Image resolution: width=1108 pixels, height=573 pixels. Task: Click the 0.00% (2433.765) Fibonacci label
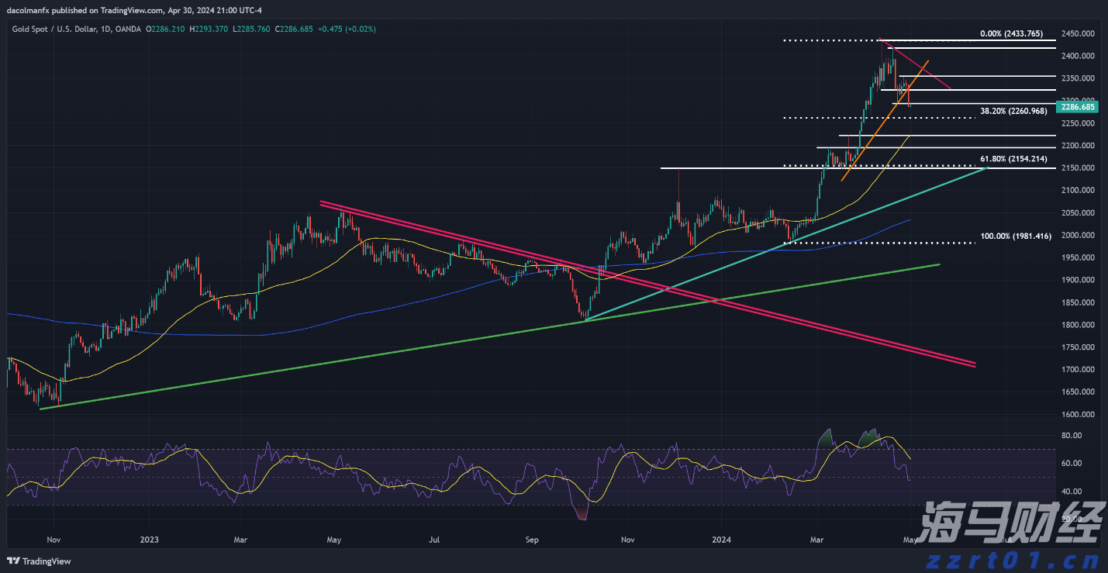1011,34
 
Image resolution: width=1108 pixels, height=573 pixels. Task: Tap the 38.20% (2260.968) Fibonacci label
1013,112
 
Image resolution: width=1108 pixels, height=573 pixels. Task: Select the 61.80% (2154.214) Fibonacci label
1013,159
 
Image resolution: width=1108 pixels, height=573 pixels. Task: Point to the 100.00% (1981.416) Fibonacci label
1016,236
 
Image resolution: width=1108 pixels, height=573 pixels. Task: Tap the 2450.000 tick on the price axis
1078,34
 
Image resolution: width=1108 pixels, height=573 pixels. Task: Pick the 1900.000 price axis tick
1078,280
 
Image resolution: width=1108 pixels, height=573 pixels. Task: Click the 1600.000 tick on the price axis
1078,415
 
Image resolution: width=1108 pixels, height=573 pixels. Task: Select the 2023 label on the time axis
149,539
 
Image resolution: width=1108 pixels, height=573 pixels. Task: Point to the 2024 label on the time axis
722,539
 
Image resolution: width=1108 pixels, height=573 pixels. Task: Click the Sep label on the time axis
531,539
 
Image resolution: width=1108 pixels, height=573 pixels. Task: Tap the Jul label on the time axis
434,539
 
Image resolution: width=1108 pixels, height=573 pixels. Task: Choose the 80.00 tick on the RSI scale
1071,436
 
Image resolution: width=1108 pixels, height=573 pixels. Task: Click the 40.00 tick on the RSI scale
1071,492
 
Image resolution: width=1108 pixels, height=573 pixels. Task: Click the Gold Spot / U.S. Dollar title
54,29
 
